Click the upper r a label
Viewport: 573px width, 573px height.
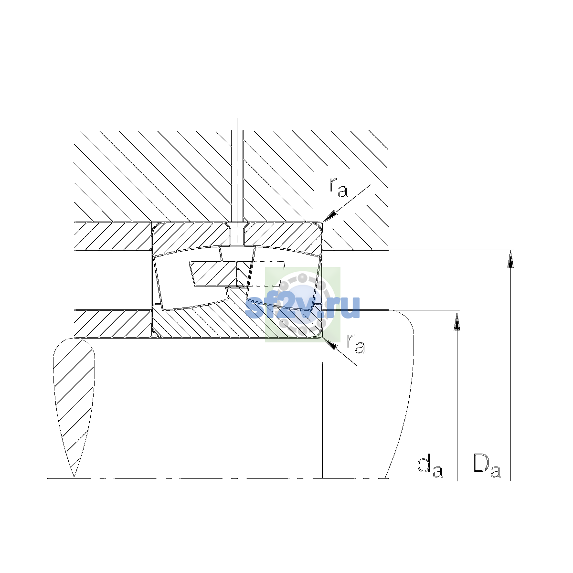[x=338, y=188]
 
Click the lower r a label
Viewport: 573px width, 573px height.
[x=356, y=344]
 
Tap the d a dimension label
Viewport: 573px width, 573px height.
[x=430, y=467]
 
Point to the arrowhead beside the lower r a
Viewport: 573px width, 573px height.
[x=330, y=344]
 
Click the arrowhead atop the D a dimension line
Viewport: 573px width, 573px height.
[x=510, y=259]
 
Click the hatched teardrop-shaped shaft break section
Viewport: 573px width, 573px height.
[x=74, y=395]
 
